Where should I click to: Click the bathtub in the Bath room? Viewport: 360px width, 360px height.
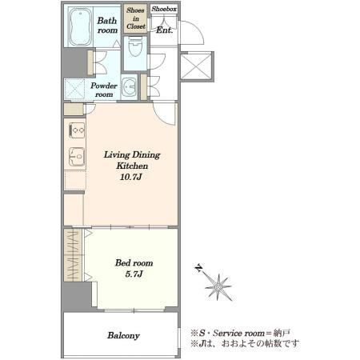[x=81, y=27]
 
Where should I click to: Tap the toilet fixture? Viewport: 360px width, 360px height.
[x=135, y=47]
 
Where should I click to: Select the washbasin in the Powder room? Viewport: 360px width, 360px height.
[x=129, y=87]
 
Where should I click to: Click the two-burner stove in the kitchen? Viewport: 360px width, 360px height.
[x=77, y=130]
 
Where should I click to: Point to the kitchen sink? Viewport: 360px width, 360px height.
[x=77, y=157]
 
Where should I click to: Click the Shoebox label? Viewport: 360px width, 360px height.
[x=164, y=9]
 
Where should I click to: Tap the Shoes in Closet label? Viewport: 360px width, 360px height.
[x=136, y=18]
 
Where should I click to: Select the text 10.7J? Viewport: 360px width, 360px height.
[x=130, y=177]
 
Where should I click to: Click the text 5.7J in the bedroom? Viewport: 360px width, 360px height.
[x=134, y=274]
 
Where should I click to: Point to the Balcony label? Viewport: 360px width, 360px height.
[x=123, y=335]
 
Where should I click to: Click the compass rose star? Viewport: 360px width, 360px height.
[x=218, y=287]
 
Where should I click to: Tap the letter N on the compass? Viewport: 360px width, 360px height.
[x=198, y=268]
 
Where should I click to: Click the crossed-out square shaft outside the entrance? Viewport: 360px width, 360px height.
[x=197, y=66]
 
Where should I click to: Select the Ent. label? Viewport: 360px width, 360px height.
[x=164, y=30]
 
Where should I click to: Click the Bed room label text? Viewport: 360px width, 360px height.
[x=134, y=263]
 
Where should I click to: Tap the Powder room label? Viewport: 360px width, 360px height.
[x=104, y=90]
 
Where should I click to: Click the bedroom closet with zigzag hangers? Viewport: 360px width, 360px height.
[x=74, y=255]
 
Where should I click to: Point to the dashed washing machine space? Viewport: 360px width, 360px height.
[x=74, y=89]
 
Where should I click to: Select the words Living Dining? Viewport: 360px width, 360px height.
[x=132, y=155]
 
